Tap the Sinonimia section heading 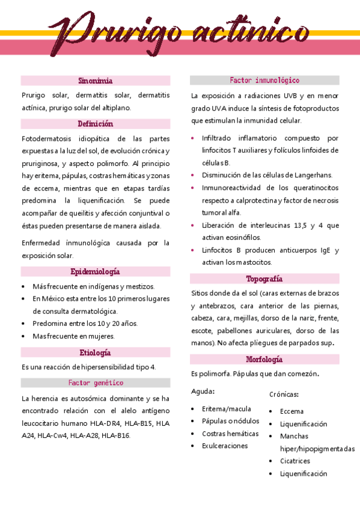[96, 81]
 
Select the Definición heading [96, 124]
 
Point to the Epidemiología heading [96, 272]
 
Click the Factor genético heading [96, 382]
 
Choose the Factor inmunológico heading [264, 81]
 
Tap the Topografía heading [264, 279]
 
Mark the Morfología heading [264, 360]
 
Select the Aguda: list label [203, 392]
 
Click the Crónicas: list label [284, 395]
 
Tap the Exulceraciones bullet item [225, 446]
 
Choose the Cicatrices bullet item [294, 461]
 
